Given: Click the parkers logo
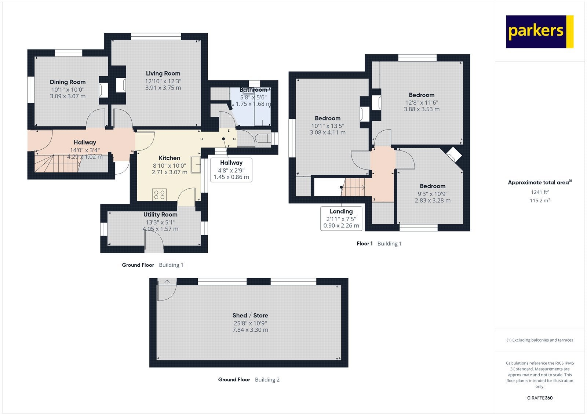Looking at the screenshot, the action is [540, 32].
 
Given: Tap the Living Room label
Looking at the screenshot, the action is [163, 73].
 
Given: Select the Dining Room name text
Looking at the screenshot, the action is [68, 82].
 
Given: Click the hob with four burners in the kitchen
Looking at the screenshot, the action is [159, 194].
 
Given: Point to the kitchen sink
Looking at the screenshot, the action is [196, 164].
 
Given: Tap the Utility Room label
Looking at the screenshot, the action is [160, 214].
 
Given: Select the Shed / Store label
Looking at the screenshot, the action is [250, 316].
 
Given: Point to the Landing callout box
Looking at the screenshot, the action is [341, 218].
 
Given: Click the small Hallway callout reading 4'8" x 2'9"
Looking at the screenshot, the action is [231, 170].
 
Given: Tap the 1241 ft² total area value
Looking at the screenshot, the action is [540, 192].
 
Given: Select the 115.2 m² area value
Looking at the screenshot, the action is [540, 200].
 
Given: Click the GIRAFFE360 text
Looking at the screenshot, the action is [540, 398].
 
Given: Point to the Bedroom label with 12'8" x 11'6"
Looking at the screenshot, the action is [422, 95].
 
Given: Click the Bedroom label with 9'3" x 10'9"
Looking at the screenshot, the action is [433, 186].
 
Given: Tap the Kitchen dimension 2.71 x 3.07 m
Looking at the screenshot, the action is [169, 172].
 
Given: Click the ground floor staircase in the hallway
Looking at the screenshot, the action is [57, 163].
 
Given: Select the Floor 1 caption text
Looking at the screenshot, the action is [365, 244].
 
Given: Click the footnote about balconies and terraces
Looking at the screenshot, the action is [540, 340].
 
